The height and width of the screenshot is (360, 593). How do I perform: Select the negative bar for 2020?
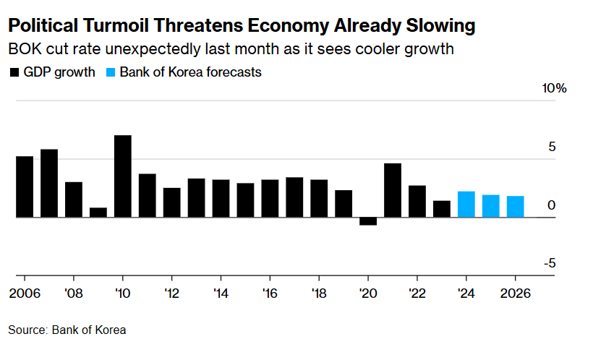[x=368, y=221]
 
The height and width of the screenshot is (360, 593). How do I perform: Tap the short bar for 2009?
[x=98, y=213]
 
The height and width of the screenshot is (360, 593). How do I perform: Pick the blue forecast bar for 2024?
[x=466, y=204]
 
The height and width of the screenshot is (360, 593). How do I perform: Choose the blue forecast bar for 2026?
[x=516, y=207]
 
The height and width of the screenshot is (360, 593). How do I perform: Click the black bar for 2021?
[x=393, y=190]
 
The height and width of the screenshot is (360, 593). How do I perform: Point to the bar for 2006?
[x=25, y=187]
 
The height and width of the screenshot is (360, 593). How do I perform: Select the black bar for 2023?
[x=442, y=209]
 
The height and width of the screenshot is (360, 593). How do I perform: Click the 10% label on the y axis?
[x=554, y=88]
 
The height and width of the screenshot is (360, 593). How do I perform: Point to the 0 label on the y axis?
[x=552, y=205]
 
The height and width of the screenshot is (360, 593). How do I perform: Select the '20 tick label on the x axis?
[x=368, y=294]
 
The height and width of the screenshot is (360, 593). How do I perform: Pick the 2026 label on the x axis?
[x=516, y=294]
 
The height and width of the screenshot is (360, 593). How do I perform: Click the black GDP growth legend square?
[x=14, y=72]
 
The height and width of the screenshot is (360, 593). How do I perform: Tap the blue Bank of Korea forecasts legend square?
[x=111, y=72]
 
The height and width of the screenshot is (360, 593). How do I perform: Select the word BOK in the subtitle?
[x=21, y=50]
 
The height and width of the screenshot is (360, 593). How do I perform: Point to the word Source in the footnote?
[x=27, y=330]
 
